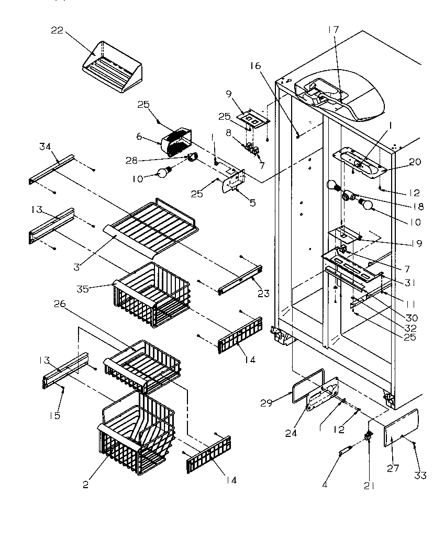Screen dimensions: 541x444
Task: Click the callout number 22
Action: (57, 30)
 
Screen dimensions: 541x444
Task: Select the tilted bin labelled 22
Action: (112, 71)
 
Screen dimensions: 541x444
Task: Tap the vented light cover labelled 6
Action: (177, 141)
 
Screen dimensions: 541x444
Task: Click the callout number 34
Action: (45, 147)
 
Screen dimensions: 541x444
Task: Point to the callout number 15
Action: (55, 415)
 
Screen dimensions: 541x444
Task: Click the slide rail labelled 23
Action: (240, 280)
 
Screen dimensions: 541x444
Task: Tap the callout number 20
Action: (415, 162)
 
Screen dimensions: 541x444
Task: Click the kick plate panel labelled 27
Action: (402, 429)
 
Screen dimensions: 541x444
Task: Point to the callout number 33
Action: (421, 476)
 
